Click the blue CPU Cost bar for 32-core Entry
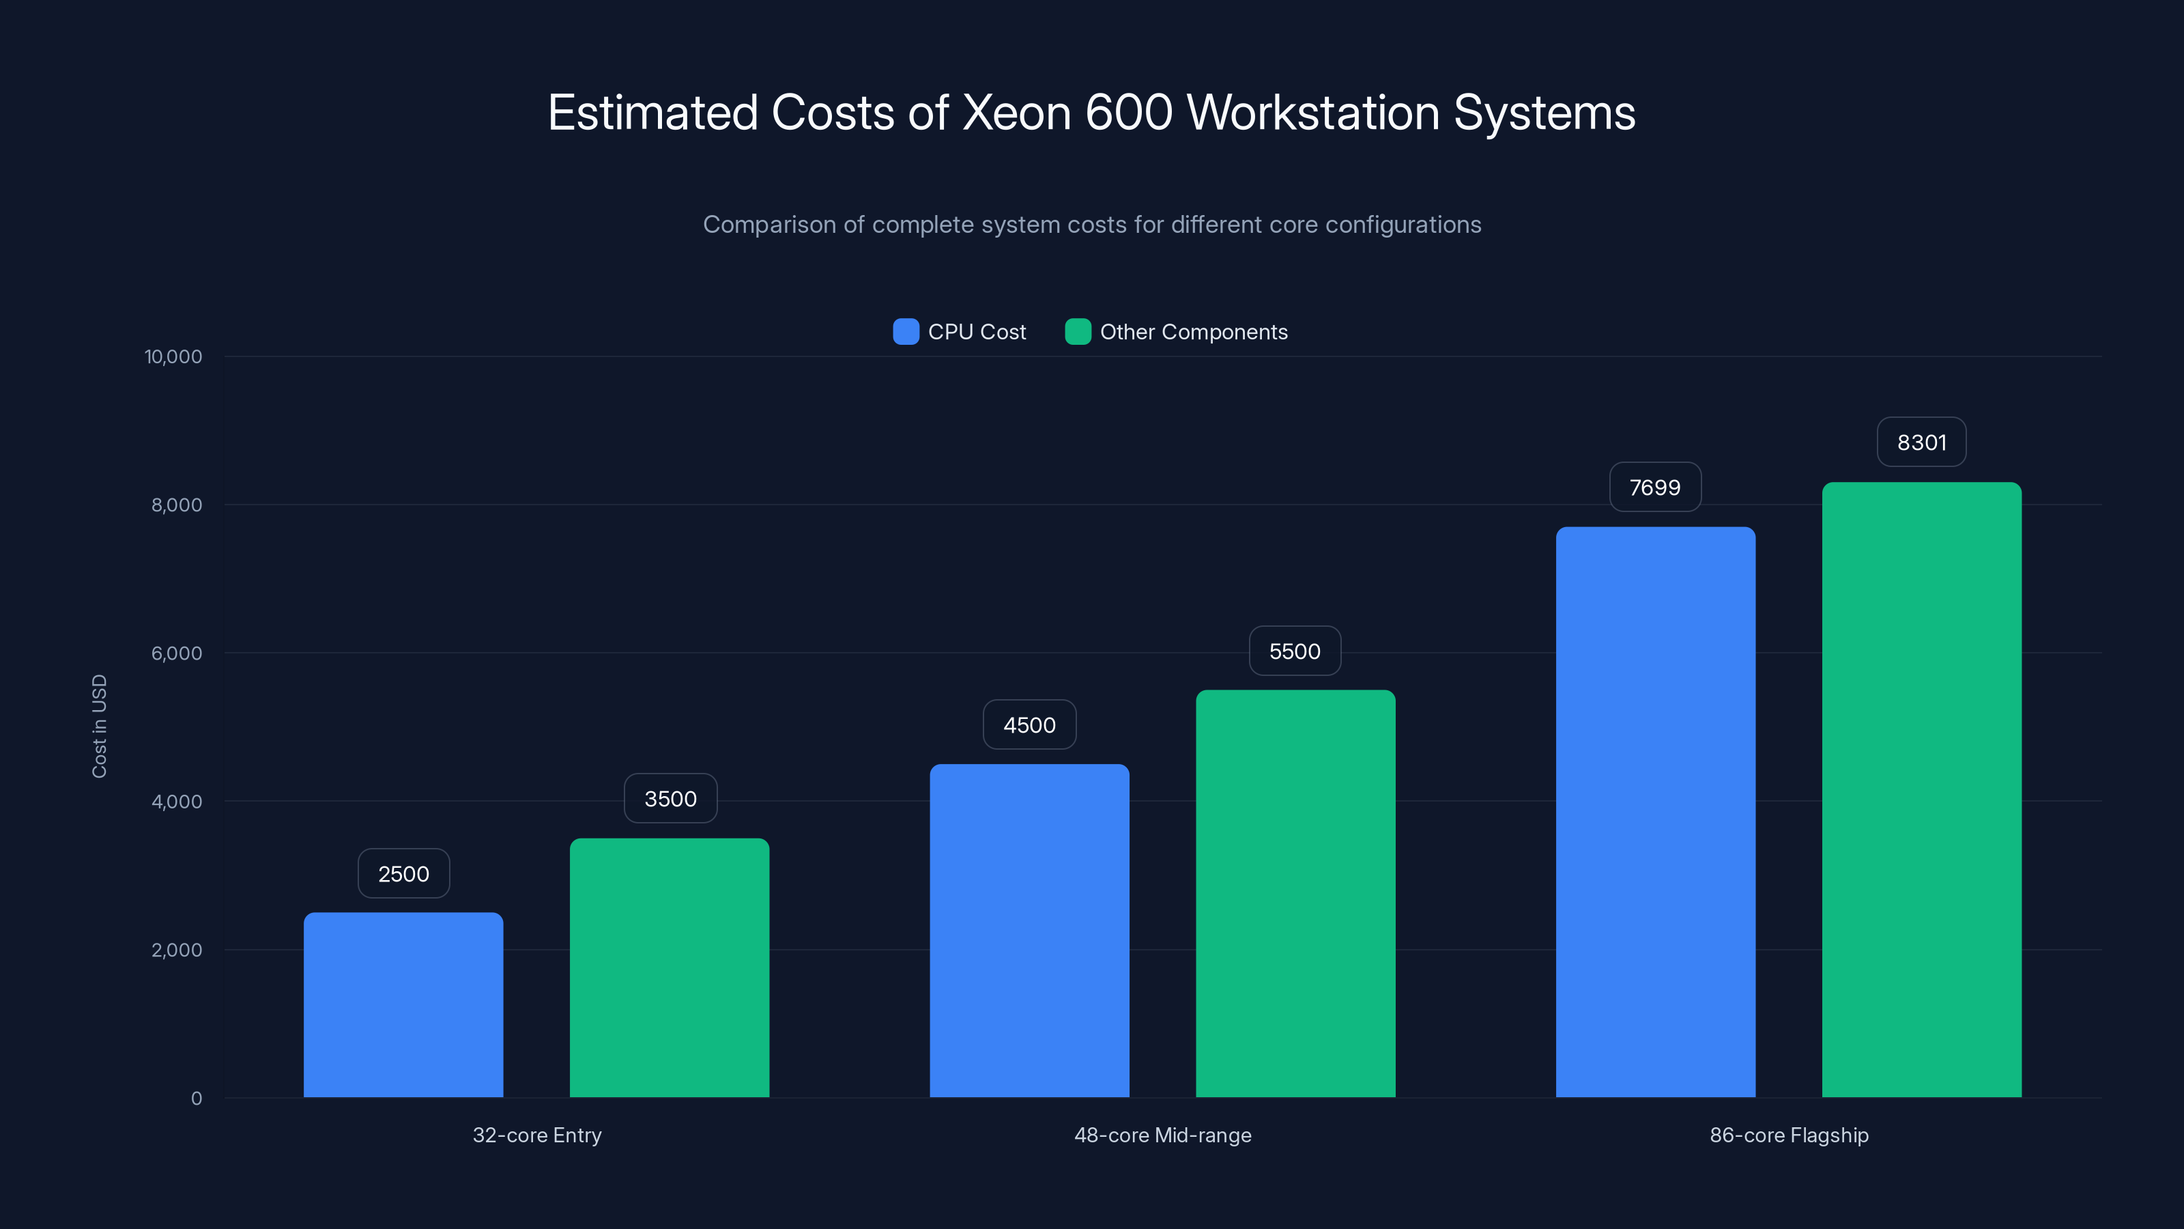tap(403, 1005)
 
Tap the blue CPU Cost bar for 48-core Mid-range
tap(1029, 931)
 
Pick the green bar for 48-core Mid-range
tap(1295, 894)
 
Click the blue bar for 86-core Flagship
tap(1655, 812)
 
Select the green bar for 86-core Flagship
tap(1921, 790)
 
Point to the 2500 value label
tap(403, 874)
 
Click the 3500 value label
tap(670, 799)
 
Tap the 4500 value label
tap(1029, 725)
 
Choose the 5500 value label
tap(1295, 651)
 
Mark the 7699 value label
tap(1655, 488)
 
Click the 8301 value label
tap(1921, 442)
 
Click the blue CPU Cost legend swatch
tap(906, 332)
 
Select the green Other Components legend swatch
tap(1078, 332)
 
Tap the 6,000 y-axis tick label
tap(176, 653)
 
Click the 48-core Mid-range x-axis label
tap(1162, 1135)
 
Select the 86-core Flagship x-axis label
tap(1789, 1135)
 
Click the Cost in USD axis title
tap(99, 726)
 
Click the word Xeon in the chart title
tap(1016, 113)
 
